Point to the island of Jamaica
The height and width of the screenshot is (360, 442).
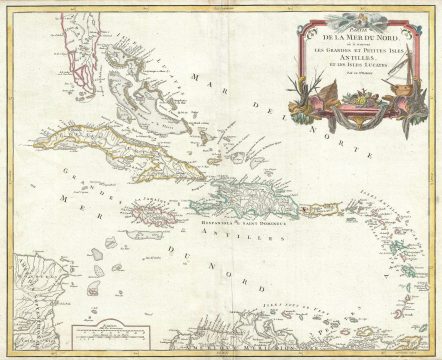click(x=149, y=212)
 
